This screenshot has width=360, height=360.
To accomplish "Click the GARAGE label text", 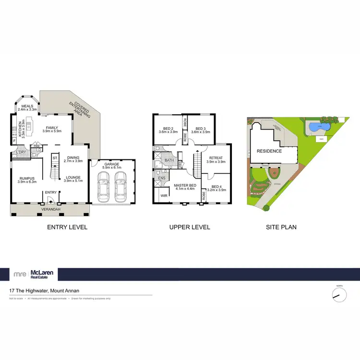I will [x=113, y=165].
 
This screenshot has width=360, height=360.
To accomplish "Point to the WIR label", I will [x=163, y=196].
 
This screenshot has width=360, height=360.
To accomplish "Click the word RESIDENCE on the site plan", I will [x=269, y=151].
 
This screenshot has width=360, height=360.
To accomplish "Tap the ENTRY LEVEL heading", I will [x=68, y=227].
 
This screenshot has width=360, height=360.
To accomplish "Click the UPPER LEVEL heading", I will [x=190, y=227].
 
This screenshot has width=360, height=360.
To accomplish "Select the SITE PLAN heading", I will [x=281, y=227].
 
